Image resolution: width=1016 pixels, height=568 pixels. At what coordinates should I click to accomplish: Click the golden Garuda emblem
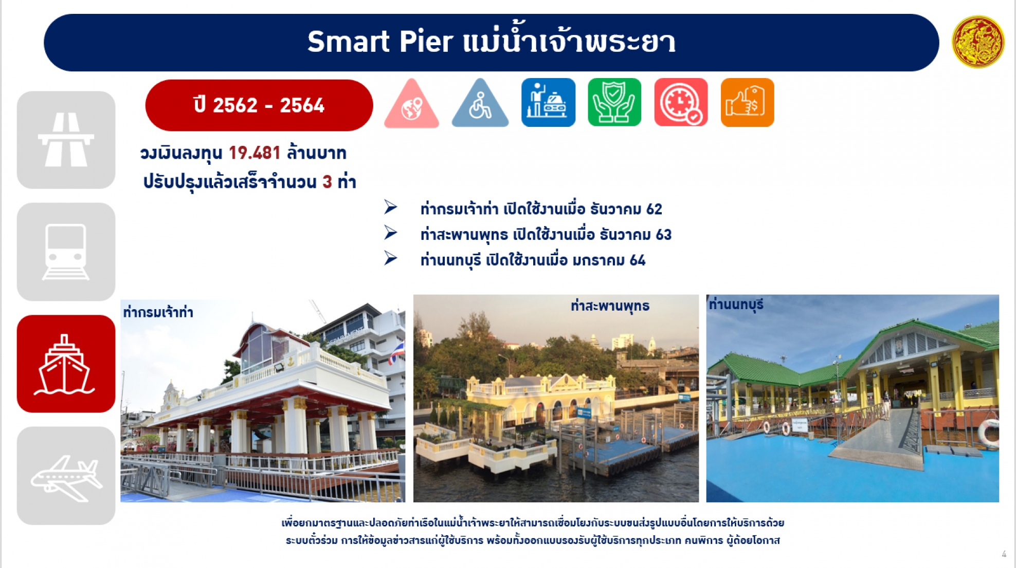click(x=977, y=42)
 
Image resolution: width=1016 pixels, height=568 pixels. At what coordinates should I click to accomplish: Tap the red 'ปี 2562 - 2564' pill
click(x=259, y=105)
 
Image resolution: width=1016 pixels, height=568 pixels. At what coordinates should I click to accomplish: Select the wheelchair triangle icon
click(x=480, y=103)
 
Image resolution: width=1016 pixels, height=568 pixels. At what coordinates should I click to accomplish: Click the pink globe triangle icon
click(x=411, y=103)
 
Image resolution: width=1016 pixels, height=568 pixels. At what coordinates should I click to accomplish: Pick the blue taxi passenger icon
click(x=548, y=102)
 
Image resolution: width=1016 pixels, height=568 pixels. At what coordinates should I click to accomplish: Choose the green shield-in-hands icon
click(x=614, y=102)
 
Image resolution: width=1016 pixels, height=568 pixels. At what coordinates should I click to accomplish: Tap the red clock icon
click(x=681, y=102)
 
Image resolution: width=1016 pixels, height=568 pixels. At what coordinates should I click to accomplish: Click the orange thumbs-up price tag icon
click(x=747, y=102)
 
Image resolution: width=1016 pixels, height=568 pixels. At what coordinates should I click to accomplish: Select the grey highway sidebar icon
click(x=66, y=140)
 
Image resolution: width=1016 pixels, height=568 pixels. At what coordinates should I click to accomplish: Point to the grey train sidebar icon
click(x=66, y=252)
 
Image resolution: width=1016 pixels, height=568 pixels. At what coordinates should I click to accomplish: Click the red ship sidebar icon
click(x=66, y=364)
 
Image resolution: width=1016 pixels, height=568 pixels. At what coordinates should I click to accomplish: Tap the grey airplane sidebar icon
click(x=66, y=476)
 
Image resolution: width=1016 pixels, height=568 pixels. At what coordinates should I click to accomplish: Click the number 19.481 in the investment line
click(x=255, y=153)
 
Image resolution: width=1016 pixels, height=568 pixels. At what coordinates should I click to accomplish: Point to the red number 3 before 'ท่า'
click(x=327, y=181)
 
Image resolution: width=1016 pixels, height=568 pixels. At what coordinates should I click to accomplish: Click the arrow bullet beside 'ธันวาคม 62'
click(x=391, y=207)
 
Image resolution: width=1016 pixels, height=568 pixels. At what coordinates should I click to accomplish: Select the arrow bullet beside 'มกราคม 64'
click(x=391, y=258)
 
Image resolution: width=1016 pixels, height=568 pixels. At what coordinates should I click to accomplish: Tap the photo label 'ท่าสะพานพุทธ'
click(x=610, y=306)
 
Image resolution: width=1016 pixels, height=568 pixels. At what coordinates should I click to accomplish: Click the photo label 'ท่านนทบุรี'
click(x=736, y=305)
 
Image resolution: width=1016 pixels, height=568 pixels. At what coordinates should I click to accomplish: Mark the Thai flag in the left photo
click(x=396, y=353)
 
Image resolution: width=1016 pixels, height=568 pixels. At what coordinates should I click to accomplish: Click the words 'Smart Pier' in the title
click(x=380, y=42)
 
